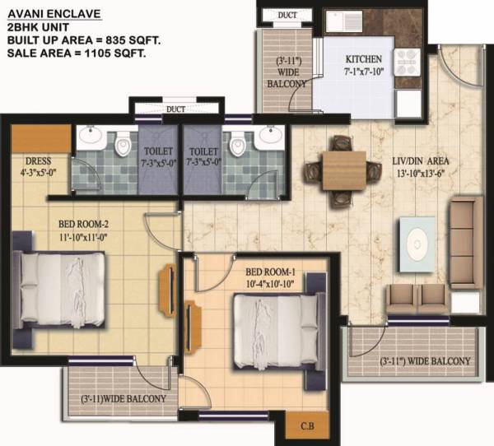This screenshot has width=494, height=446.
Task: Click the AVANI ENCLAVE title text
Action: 50,12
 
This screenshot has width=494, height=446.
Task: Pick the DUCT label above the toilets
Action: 175,108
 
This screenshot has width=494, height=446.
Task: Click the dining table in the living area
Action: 338,170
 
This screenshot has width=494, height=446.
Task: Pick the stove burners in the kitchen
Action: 408,63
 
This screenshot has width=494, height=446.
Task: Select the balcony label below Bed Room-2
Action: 123,399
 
